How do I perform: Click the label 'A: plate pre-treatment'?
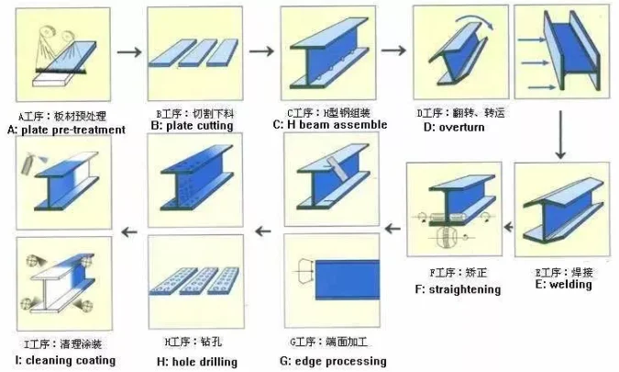tap(65, 130)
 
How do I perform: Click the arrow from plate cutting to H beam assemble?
tap(261, 50)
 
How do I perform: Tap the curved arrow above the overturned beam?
tap(466, 26)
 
